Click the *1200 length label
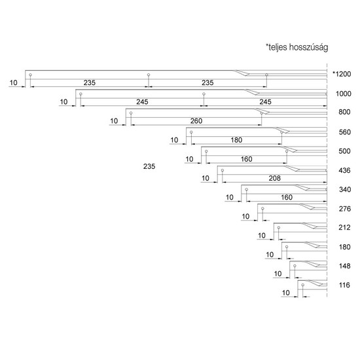342,74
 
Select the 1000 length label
344,94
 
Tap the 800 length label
344,112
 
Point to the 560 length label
344,132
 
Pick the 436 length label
344,170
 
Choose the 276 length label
345,209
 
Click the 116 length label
344,285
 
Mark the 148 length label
344,266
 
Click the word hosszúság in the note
308,47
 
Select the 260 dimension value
196,121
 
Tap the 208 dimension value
275,178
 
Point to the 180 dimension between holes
236,140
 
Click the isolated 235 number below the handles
149,166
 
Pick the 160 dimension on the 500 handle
246,159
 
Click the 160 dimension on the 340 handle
287,197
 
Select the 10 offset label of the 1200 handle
13,82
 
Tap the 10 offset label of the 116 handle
285,293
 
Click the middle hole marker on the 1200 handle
149,75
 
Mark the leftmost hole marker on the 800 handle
131,113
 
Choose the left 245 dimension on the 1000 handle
142,101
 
